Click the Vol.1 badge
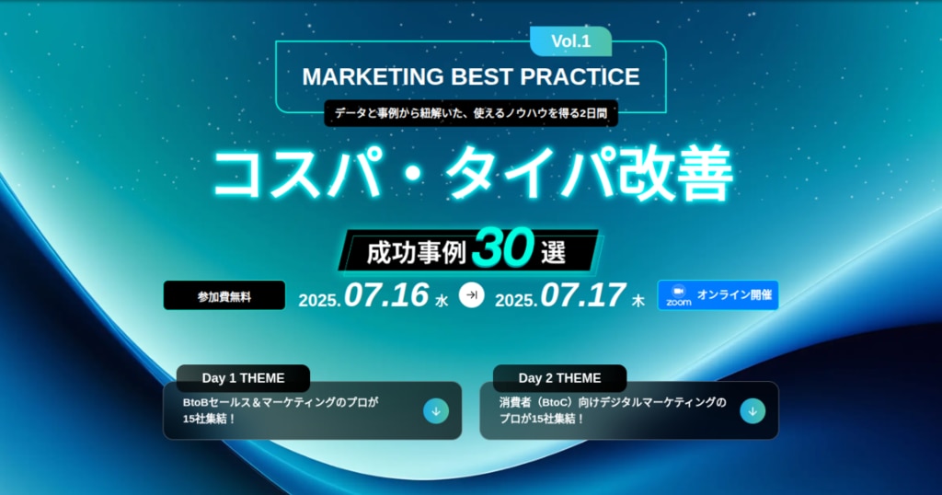(570, 41)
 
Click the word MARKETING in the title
(373, 77)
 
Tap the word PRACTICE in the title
(580, 77)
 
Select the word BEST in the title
(482, 77)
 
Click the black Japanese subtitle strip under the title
(471, 113)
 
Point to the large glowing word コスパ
(298, 174)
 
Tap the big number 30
(503, 247)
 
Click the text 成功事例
(417, 253)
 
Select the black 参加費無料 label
(224, 295)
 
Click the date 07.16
(386, 295)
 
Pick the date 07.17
(582, 295)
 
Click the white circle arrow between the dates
(472, 295)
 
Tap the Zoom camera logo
(678, 295)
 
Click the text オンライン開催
(734, 295)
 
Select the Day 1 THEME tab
(243, 378)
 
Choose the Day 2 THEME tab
(560, 378)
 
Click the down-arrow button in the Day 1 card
(436, 411)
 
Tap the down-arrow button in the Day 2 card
(752, 411)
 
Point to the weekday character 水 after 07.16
(442, 300)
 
